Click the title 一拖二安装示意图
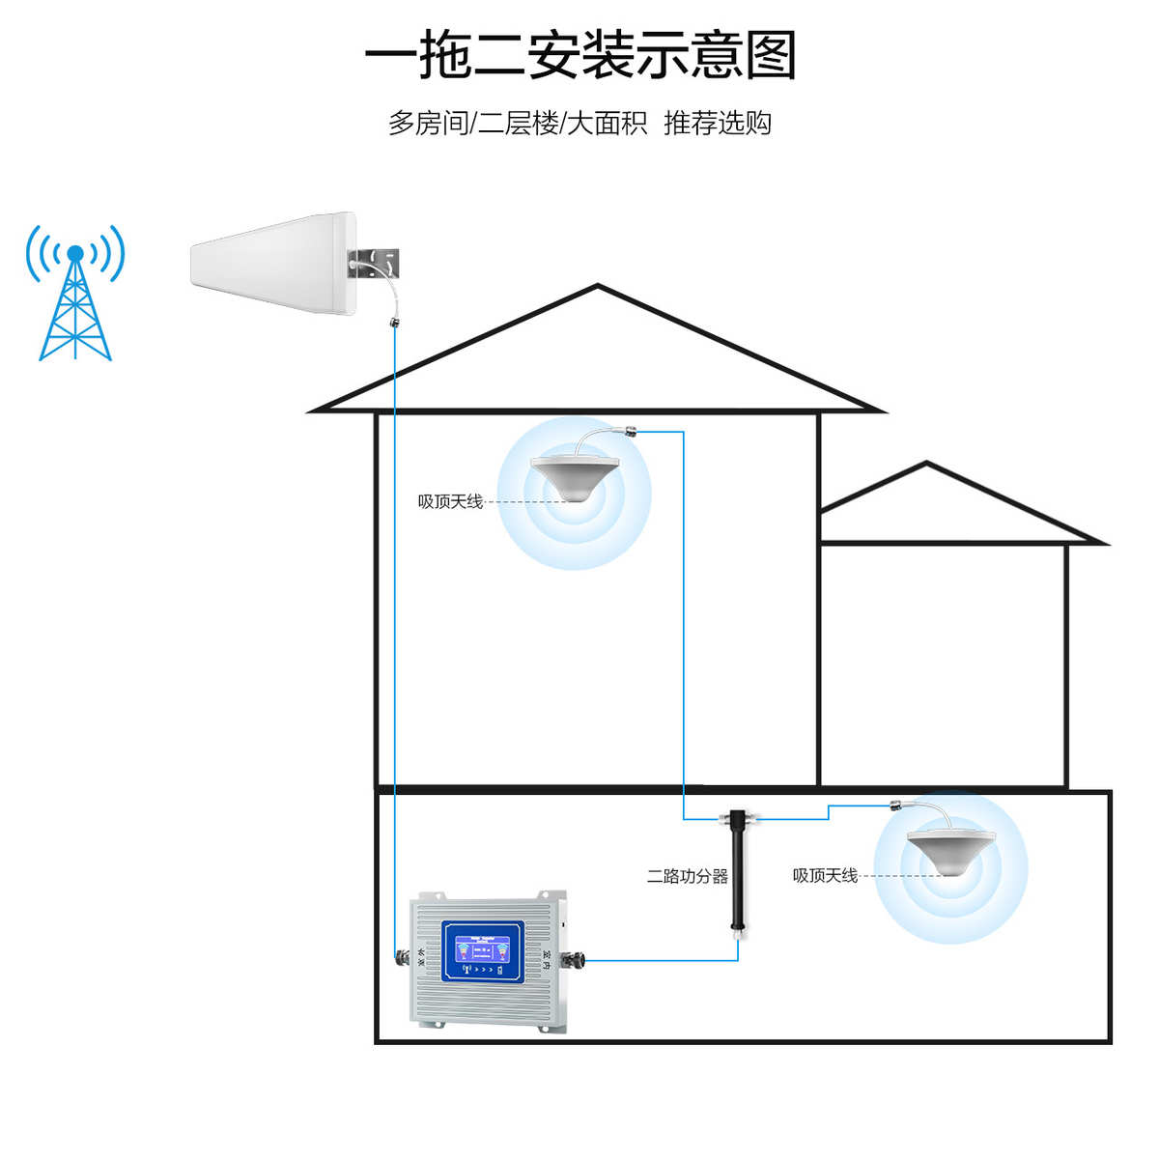[x=579, y=55]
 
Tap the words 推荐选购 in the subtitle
[x=718, y=124]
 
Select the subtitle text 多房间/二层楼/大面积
[x=518, y=124]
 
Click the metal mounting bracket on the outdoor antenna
[x=377, y=261]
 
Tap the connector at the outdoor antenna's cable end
[x=394, y=320]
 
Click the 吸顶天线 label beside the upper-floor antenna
[x=450, y=501]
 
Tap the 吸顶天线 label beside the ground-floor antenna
[x=825, y=875]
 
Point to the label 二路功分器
[x=687, y=876]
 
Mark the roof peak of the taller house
[x=598, y=286]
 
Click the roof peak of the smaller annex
[x=927, y=464]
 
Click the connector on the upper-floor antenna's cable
[x=633, y=432]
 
